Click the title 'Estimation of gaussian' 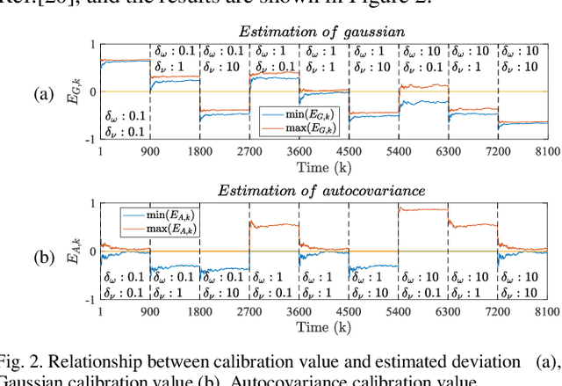click(323, 33)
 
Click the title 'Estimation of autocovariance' click(323, 191)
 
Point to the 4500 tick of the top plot click(349, 151)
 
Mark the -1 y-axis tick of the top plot click(90, 140)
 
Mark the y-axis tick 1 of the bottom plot click(92, 203)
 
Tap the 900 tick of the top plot click(150, 151)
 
